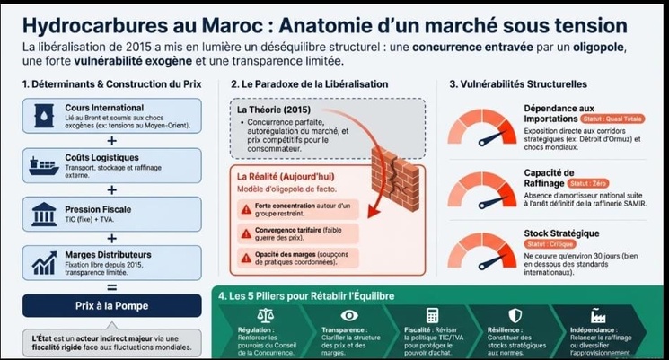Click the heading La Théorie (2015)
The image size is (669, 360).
[273, 110]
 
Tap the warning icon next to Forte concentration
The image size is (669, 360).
[247, 208]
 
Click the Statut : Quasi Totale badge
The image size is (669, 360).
[612, 119]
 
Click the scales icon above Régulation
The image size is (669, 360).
[265, 315]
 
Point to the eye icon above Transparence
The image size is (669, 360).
[349, 315]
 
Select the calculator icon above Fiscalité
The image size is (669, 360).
[432, 315]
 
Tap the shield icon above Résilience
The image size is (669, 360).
[515, 315]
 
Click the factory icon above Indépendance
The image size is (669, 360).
[598, 315]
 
